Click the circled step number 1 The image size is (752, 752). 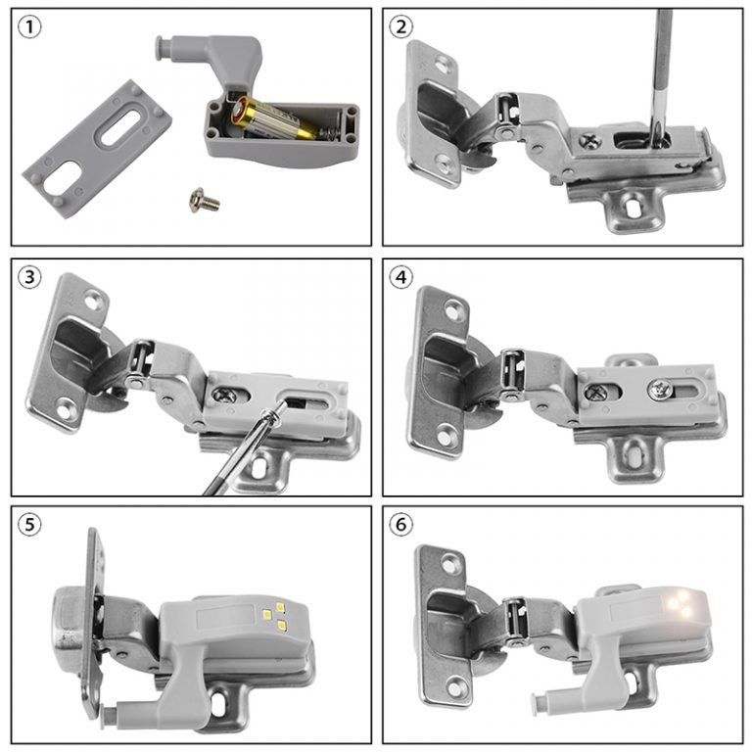(31, 27)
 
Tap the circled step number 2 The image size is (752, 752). (401, 27)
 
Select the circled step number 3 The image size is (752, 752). (31, 278)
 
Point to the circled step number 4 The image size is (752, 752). (401, 277)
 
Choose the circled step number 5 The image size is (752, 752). (31, 525)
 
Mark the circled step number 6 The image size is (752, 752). (401, 525)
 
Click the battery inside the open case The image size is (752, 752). (267, 120)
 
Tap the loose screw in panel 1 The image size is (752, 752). (204, 202)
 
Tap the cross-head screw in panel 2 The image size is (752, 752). (590, 140)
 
